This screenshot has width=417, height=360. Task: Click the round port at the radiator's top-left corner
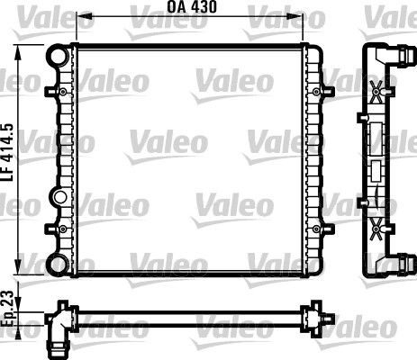(59, 57)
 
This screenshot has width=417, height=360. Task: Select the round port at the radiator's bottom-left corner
(59, 263)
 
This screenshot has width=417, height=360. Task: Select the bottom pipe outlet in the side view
(396, 262)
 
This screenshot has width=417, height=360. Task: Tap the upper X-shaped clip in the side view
(376, 90)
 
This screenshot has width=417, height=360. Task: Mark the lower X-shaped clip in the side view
(376, 230)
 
